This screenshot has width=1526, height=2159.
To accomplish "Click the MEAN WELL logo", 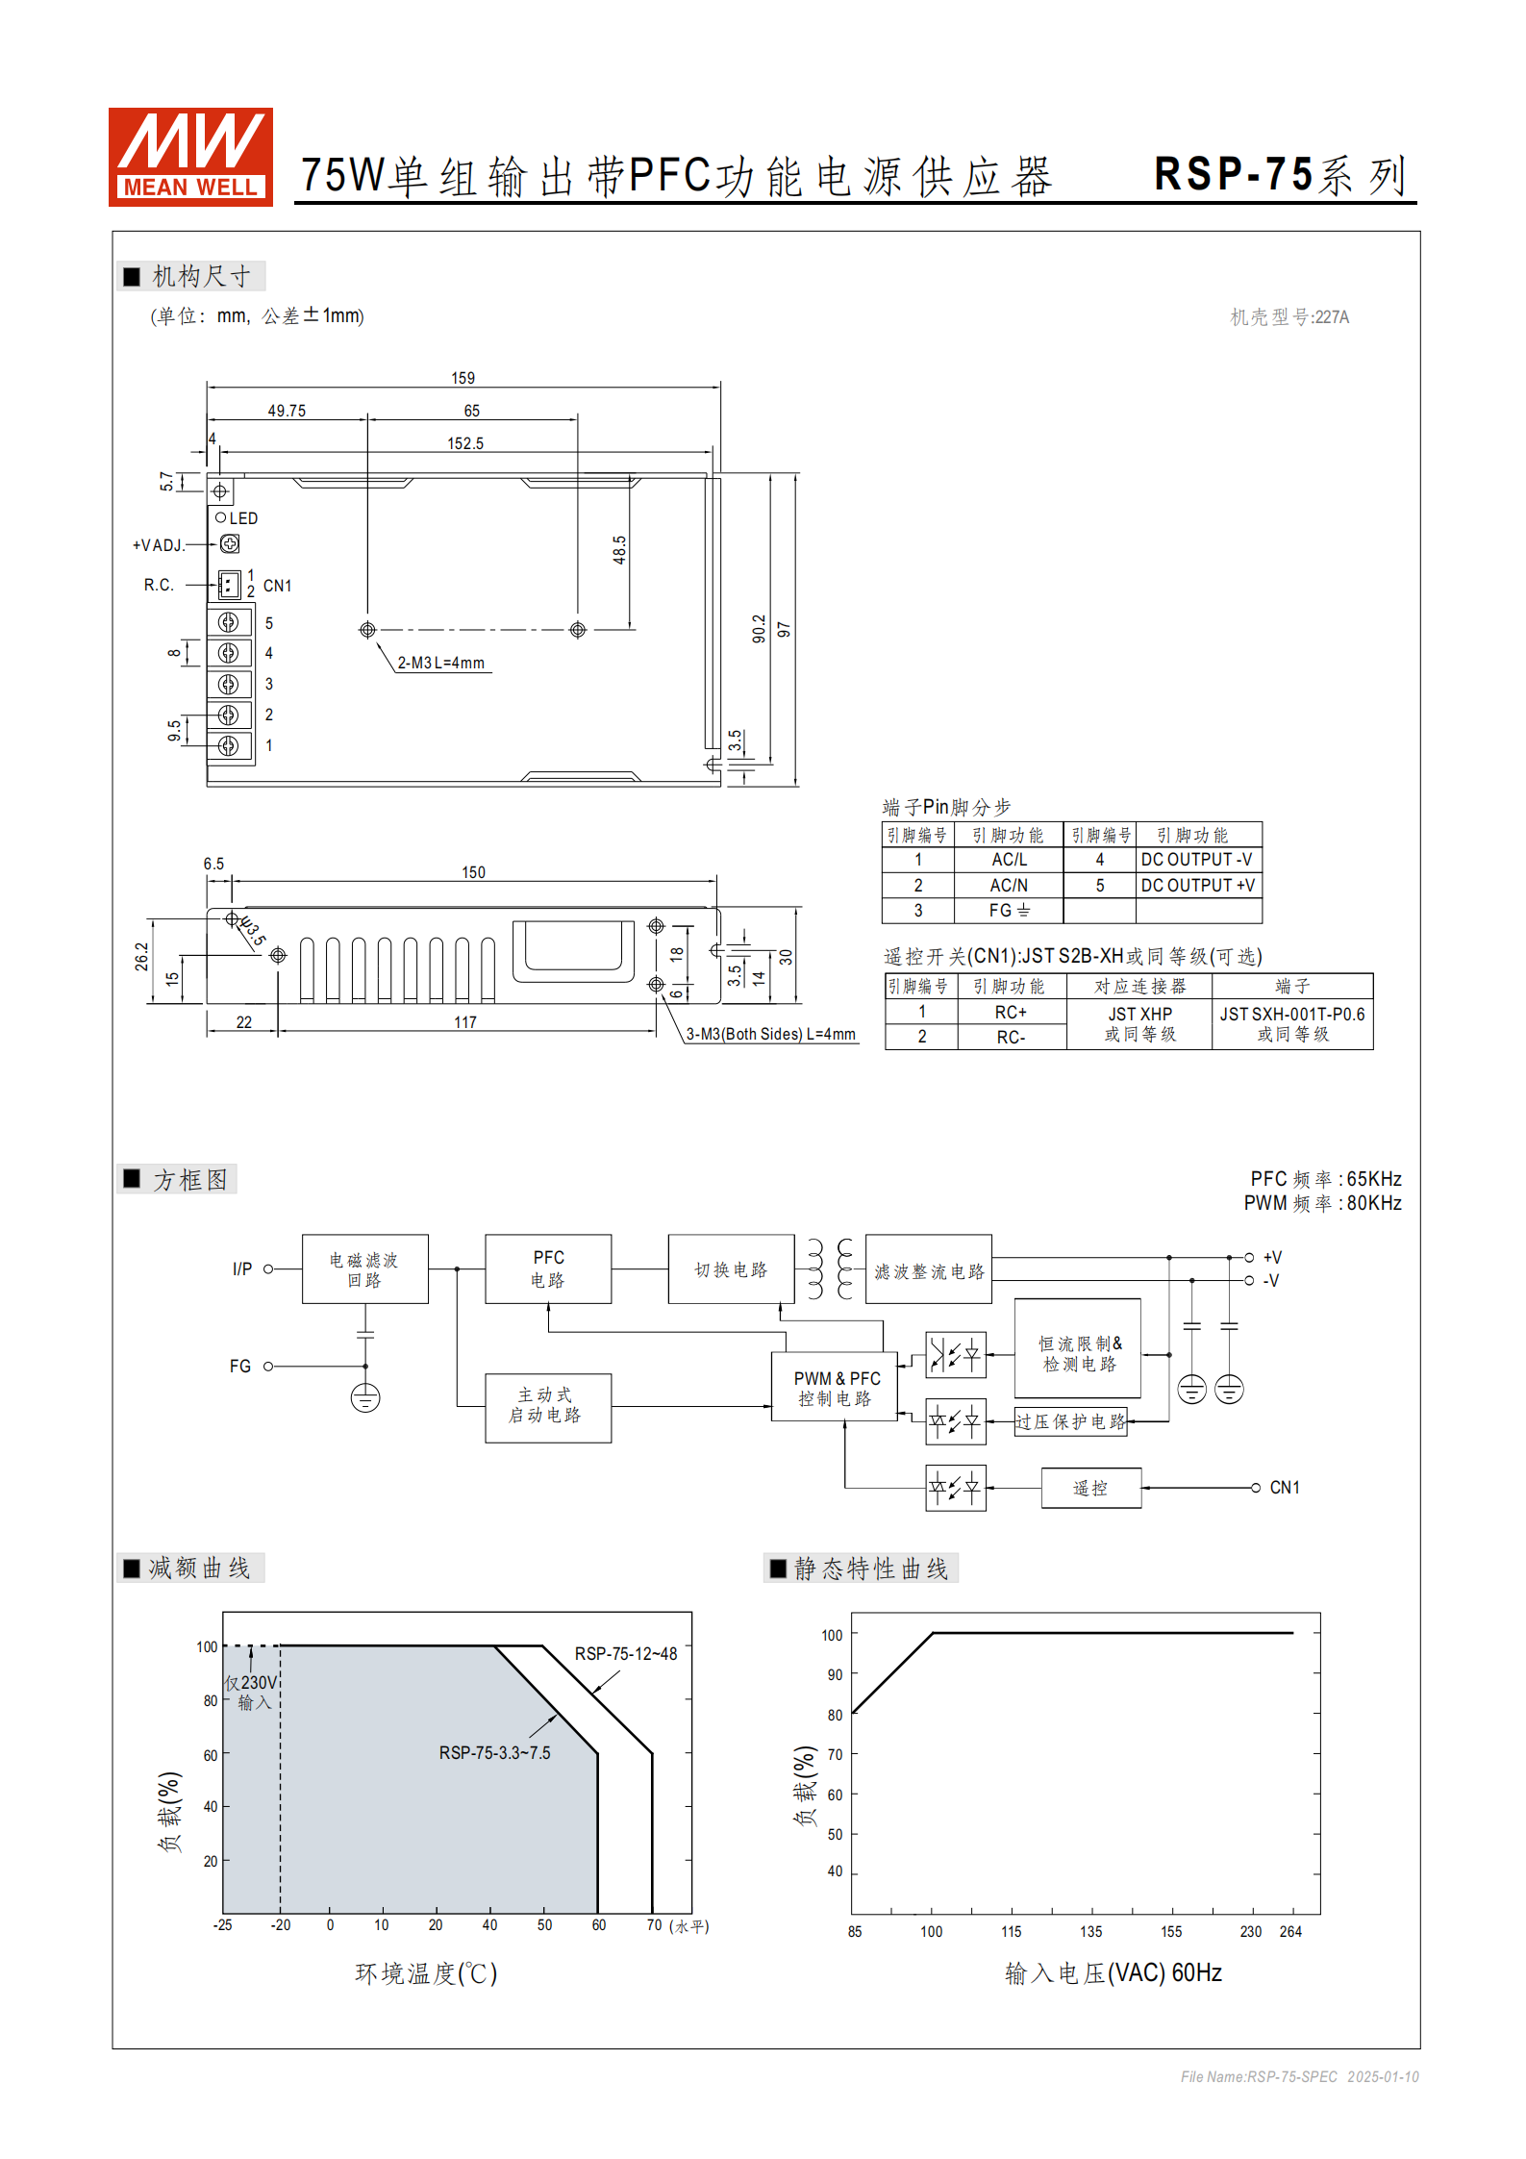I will coord(190,157).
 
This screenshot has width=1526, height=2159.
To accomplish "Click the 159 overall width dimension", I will coord(463,378).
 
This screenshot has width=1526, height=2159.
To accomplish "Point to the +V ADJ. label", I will coord(159,545).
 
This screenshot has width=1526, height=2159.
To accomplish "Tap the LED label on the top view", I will coord(243,518).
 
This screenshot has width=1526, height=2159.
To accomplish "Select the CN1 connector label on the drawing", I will coord(277,586).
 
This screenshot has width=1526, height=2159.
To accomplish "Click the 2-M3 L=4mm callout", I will coord(440,663).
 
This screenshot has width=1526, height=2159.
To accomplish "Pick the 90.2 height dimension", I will coord(759,629).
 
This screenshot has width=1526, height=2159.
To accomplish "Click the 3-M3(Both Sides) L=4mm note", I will coord(770,1034).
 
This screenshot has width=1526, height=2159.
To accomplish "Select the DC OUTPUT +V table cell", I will coord(1197,885).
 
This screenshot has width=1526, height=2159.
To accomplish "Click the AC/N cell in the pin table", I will coord(1009,885).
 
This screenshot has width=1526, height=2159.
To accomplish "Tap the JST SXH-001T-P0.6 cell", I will coord(1291,1023).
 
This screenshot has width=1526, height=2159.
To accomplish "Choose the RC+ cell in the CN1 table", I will coord(1011,1012).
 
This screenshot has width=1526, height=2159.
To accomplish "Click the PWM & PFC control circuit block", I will coord(835,1388).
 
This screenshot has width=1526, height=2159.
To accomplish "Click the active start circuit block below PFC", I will coord(547,1405).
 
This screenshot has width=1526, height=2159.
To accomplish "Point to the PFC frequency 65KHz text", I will coord(1325,1178).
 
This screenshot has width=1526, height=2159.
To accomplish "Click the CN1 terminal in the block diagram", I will coord(1284,1487).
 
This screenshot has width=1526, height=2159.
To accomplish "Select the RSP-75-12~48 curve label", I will coord(625,1653).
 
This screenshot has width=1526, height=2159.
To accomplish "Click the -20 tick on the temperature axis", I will coord(280,1924).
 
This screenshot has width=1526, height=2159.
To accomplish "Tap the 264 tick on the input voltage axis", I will coord(1290,1931).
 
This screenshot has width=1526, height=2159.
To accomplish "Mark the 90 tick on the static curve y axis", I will coord(834,1674).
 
